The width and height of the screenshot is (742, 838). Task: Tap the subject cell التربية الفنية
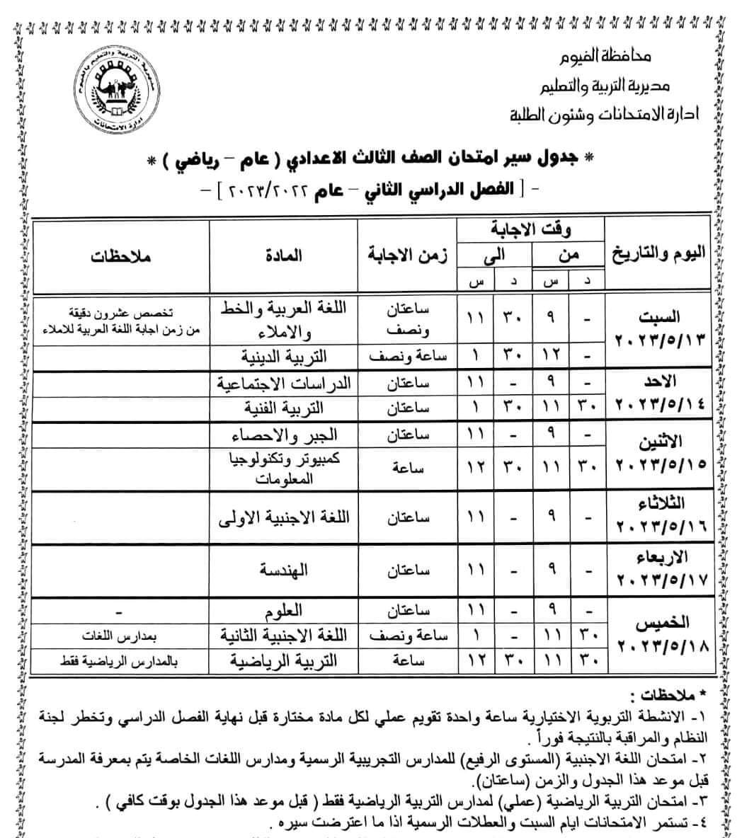(x=284, y=408)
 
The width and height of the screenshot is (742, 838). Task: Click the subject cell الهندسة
(x=284, y=570)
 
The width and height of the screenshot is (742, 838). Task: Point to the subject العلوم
(x=284, y=609)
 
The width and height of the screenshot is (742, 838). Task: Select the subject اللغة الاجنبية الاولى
(x=284, y=517)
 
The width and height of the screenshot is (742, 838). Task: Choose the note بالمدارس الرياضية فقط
(x=120, y=662)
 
